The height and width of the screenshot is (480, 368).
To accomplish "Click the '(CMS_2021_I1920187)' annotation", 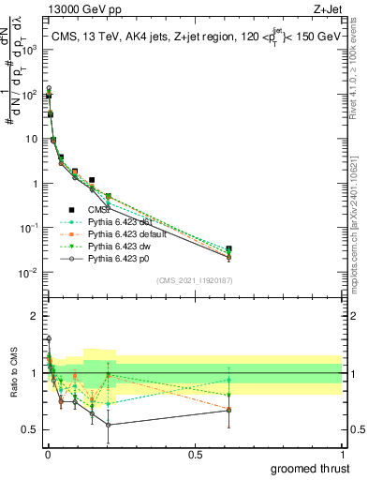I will (x=194, y=280).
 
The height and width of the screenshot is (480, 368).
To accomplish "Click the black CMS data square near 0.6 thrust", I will (x=229, y=249).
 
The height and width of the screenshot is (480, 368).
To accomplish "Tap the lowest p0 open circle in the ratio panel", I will (x=109, y=425).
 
